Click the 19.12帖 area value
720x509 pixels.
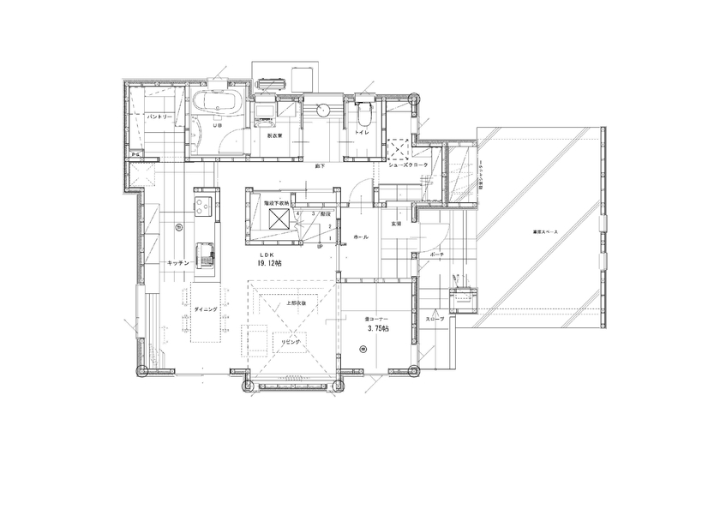[x=268, y=265]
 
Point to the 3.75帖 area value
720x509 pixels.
[x=377, y=328]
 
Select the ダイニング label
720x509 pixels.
[x=205, y=309]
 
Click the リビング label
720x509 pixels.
[x=291, y=340]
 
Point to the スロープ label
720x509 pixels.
[x=435, y=320]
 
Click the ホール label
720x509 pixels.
[x=361, y=237]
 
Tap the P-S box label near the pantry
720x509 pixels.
[x=135, y=153]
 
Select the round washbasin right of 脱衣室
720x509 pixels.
[x=324, y=110]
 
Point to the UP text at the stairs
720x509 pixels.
[x=320, y=247]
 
